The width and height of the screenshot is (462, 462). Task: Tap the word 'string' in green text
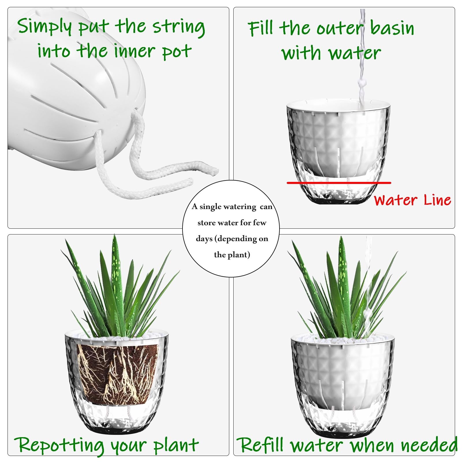[179, 27]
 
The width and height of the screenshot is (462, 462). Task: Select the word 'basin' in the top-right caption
[392, 28]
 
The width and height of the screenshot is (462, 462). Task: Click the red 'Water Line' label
[412, 200]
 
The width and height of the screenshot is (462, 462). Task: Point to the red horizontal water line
[339, 183]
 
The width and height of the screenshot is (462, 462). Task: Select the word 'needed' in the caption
[429, 445]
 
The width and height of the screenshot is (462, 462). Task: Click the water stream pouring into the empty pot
[362, 58]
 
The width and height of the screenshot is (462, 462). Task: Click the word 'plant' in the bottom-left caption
[176, 446]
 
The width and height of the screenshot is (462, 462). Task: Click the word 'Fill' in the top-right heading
[260, 28]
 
